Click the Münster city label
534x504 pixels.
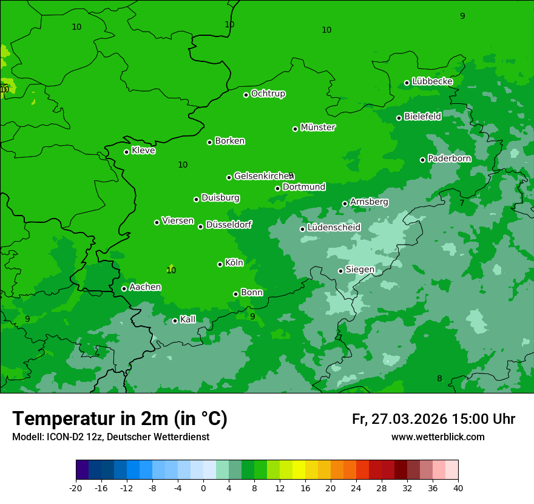[x=317, y=128]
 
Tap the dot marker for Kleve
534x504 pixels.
[x=126, y=152]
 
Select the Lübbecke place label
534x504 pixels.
[x=432, y=81]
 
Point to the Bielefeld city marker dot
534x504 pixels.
[x=399, y=118]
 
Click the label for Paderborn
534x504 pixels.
[x=449, y=158]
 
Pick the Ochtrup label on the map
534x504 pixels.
[x=268, y=94]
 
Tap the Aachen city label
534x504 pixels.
[x=145, y=287]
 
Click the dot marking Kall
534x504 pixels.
[x=175, y=321]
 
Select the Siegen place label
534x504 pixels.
[x=360, y=270]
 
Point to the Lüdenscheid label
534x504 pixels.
[x=334, y=228]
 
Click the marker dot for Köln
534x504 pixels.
[x=220, y=264]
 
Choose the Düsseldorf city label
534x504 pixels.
[x=228, y=225]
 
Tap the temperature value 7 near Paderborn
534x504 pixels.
[x=461, y=203]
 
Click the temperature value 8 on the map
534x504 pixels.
[x=439, y=378]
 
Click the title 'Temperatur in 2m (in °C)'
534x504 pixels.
[x=120, y=418]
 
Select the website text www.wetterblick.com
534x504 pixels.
[x=438, y=437]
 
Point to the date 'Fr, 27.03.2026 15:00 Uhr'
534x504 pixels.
[x=433, y=419]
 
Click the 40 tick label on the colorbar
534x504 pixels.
[x=458, y=488]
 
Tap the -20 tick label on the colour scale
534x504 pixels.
[x=76, y=488]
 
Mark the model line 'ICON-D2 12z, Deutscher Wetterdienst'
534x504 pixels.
[x=110, y=437]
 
